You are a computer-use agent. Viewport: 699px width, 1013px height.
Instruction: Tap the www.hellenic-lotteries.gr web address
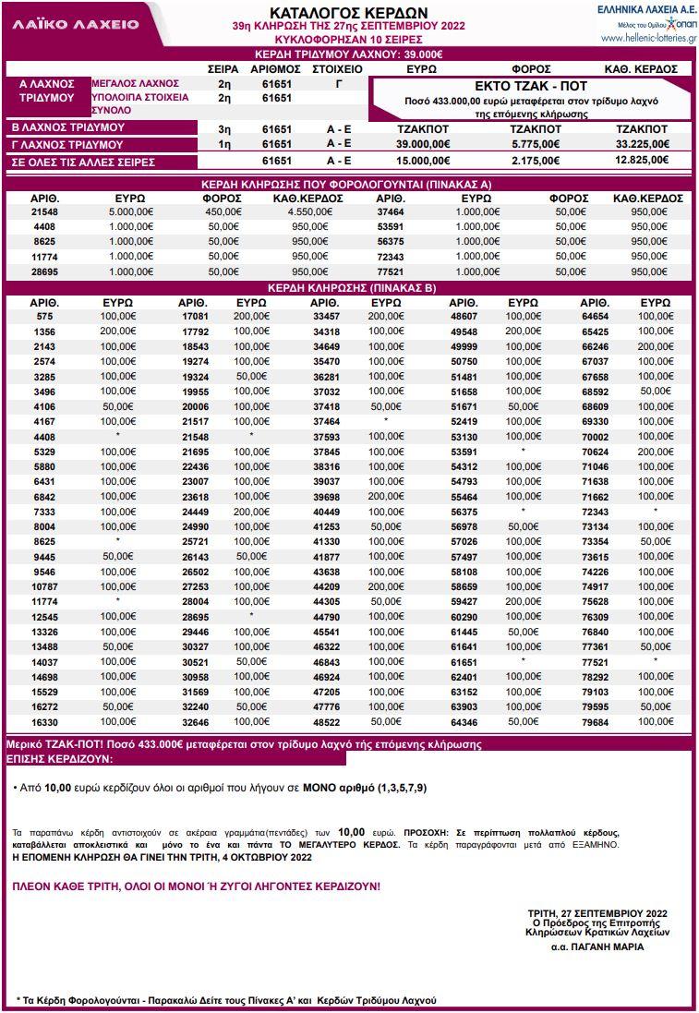point(648,39)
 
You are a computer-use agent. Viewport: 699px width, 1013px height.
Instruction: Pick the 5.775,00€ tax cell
point(536,144)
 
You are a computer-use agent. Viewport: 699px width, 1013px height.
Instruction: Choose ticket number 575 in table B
point(44,317)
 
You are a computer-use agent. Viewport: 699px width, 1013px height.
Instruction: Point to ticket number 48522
point(325,722)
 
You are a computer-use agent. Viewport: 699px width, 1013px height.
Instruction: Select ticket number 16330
point(44,722)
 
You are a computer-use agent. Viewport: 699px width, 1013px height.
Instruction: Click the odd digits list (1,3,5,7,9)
point(397,789)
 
